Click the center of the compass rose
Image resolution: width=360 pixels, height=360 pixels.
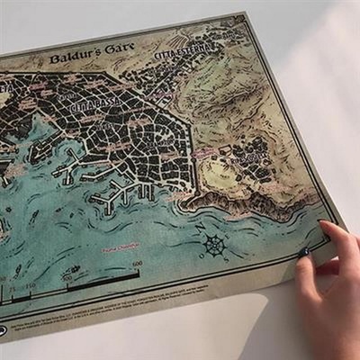coord(213,245)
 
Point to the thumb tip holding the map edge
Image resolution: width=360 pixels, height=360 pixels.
coord(303,256)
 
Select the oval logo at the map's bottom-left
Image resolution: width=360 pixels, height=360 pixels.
coord(4,331)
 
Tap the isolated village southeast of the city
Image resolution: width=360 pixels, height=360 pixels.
coord(250,160)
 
